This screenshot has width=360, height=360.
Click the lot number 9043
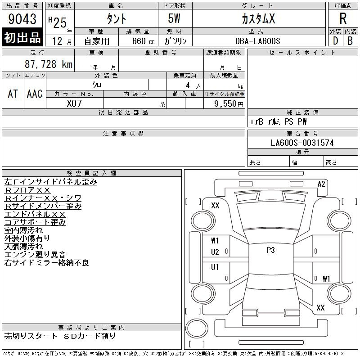[22, 19]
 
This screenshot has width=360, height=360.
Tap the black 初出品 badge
[22, 37]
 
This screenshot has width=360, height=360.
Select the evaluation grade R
[343, 18]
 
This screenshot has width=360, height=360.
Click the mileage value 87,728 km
[49, 64]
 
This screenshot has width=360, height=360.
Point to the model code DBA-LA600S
[257, 41]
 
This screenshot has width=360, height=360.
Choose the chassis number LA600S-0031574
[302, 143]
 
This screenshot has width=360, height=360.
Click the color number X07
[74, 103]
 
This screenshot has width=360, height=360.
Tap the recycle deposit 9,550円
[229, 104]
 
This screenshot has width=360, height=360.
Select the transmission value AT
[13, 94]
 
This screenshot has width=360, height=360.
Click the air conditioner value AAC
[35, 94]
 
